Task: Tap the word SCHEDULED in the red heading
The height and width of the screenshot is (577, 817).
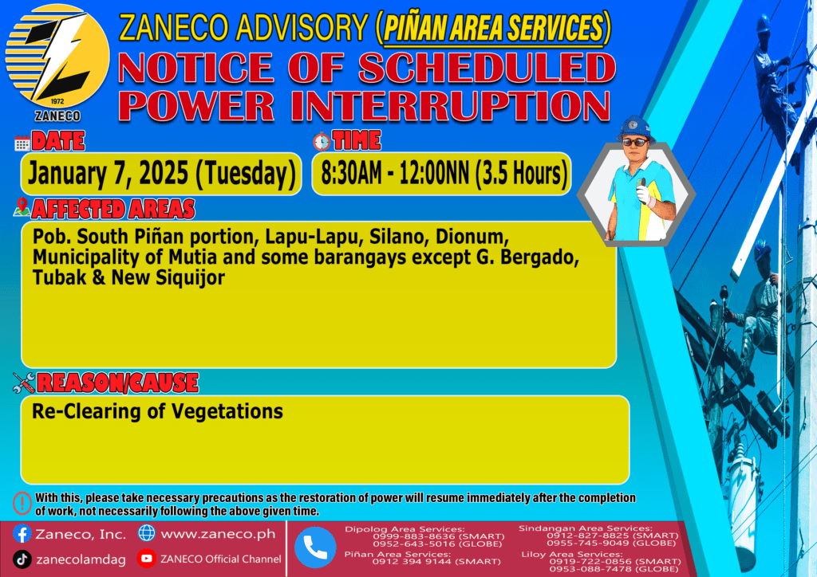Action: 487,68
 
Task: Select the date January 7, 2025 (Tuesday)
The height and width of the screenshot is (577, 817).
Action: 161,173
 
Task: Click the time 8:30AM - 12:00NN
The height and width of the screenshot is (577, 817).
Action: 395,173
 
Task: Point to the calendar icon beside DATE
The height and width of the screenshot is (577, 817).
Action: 22,143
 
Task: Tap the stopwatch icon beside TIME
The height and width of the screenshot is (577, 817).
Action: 322,141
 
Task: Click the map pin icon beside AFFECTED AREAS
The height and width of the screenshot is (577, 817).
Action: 22,207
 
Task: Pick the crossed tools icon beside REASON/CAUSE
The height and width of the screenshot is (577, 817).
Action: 24,383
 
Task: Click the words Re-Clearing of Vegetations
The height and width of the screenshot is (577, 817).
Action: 157,411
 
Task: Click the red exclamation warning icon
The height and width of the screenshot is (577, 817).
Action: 22,503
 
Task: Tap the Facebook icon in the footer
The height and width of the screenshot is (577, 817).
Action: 22,534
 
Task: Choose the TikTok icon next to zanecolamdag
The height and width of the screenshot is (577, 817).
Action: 22,559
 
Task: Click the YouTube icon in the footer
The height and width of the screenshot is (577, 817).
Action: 147,558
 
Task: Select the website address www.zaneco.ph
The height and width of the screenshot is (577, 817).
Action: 218,534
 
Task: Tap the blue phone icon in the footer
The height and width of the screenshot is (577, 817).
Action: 315,548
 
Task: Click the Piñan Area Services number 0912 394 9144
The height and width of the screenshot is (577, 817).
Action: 411,561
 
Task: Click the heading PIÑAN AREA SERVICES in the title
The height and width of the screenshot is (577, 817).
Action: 493,28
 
